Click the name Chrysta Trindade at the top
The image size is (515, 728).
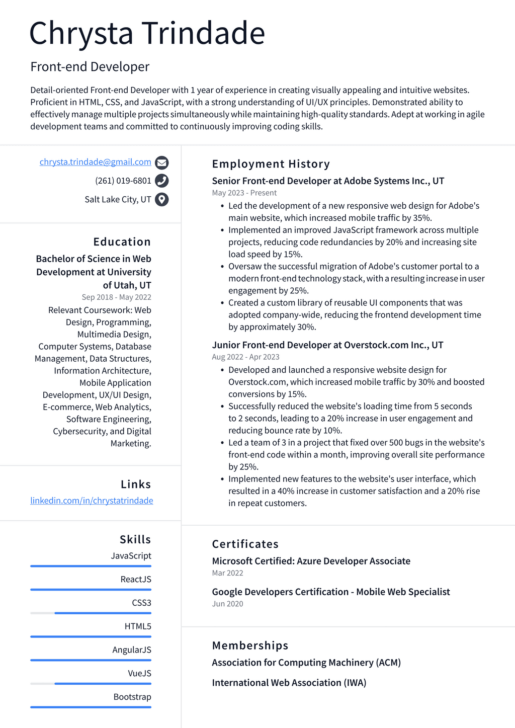click(x=147, y=34)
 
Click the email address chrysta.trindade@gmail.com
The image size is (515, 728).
click(x=95, y=162)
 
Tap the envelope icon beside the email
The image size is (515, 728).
click(x=161, y=163)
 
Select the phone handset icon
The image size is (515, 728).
click(x=161, y=181)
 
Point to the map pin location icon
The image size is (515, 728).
click(x=161, y=200)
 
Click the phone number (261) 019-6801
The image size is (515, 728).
click(x=123, y=181)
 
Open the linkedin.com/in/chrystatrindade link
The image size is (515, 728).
click(x=92, y=501)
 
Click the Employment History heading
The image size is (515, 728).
click(x=271, y=164)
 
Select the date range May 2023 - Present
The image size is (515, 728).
click(x=244, y=193)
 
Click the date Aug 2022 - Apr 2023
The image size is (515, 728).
click(x=245, y=357)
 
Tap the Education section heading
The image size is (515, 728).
click(x=122, y=242)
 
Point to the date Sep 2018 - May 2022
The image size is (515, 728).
click(x=116, y=297)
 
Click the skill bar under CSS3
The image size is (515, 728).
click(x=91, y=613)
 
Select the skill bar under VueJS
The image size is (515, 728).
click(x=91, y=683)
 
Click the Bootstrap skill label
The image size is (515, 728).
click(x=132, y=697)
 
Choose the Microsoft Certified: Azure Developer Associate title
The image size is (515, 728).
click(x=311, y=561)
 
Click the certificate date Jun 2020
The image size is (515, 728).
click(x=227, y=604)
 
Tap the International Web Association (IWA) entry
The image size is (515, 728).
click(x=289, y=683)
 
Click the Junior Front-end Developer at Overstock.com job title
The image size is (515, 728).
click(x=327, y=345)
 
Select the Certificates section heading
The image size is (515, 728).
click(x=245, y=544)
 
